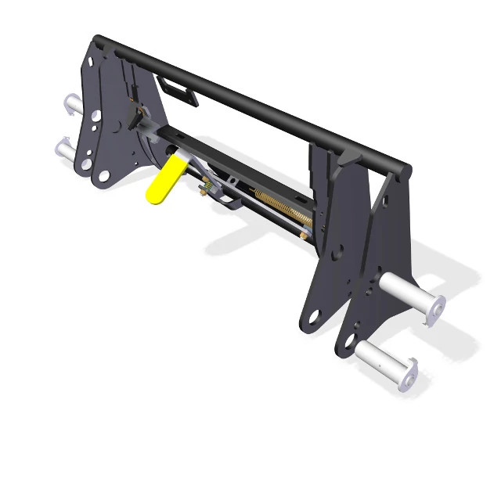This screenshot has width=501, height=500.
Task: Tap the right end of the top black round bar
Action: pyautogui.click(x=404, y=169)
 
